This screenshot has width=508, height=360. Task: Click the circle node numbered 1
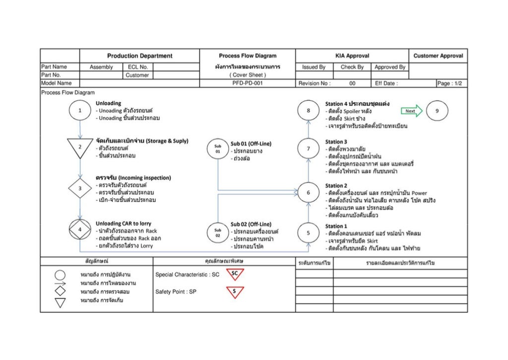80,111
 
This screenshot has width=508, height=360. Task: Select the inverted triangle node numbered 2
80,146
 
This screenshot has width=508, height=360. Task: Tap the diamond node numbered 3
80,188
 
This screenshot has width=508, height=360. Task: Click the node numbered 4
80,229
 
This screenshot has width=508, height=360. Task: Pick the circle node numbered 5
308,233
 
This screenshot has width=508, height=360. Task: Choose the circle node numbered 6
308,193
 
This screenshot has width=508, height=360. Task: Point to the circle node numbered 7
308,148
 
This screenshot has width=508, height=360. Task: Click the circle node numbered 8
308,111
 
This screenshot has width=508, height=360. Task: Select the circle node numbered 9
437,111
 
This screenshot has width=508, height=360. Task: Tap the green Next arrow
412,111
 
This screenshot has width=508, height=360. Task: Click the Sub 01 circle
218,149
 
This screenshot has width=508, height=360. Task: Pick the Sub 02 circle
218,233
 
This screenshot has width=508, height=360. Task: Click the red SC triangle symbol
235,274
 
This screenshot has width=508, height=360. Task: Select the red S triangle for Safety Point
235,292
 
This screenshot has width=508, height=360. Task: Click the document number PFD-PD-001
248,83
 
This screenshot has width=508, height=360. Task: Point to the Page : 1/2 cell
451,83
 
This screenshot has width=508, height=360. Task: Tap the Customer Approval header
438,56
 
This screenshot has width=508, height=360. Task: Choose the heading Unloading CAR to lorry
124,223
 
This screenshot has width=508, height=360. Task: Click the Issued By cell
314,67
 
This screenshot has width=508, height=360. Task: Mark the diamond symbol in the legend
60,291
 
